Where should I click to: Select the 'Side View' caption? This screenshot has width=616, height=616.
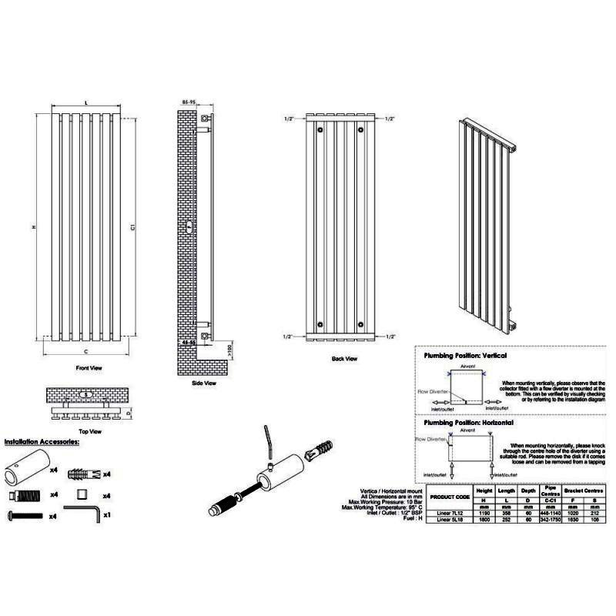pyautogui.click(x=203, y=383)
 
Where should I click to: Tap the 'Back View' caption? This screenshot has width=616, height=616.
pyautogui.click(x=343, y=358)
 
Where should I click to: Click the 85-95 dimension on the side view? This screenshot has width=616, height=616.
pyautogui.click(x=189, y=102)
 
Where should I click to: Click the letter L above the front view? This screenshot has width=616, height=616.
pyautogui.click(x=85, y=102)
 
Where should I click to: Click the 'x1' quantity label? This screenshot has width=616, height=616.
pyautogui.click(x=107, y=514)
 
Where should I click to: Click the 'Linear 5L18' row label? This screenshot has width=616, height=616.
pyautogui.click(x=449, y=520)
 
